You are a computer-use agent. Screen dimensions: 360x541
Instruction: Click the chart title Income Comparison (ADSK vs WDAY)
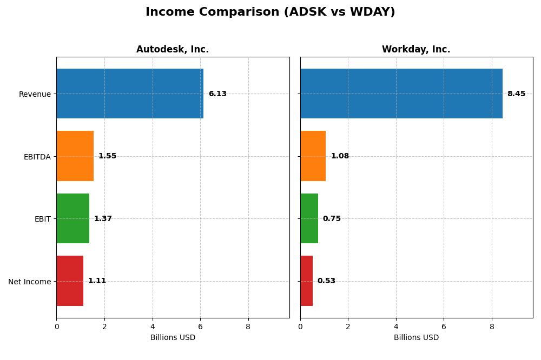pos(270,12)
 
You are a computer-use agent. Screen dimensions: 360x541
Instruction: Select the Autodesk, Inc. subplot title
pos(173,49)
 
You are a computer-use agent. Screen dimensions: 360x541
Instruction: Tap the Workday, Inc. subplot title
pos(416,49)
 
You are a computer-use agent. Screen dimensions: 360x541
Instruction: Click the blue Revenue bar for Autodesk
pos(130,94)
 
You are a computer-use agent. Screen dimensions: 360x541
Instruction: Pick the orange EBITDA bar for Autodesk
pos(75,156)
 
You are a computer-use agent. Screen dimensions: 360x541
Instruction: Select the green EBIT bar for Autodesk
pos(72,218)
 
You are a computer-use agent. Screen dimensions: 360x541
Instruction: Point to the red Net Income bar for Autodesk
pos(70,281)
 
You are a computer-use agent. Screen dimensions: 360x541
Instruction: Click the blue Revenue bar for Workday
pos(401,94)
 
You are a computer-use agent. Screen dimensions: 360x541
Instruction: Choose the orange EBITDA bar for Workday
pos(313,156)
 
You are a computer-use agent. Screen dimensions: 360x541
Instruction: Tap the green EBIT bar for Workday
pos(309,218)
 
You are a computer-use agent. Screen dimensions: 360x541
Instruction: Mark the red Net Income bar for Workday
pos(306,281)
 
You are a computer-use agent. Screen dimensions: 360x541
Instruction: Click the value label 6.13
pos(217,94)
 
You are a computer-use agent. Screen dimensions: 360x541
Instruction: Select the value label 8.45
pos(516,94)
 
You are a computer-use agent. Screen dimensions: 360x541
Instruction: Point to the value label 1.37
pos(103,219)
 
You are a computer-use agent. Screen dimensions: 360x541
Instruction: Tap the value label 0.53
pos(326,281)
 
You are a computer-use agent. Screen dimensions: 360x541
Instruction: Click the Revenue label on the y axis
pos(35,94)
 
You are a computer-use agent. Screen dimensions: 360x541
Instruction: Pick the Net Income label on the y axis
pos(30,282)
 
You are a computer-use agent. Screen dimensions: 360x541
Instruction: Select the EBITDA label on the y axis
pos(37,157)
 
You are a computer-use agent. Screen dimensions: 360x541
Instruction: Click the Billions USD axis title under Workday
pos(416,338)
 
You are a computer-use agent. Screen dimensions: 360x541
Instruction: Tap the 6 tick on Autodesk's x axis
pos(200,326)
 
